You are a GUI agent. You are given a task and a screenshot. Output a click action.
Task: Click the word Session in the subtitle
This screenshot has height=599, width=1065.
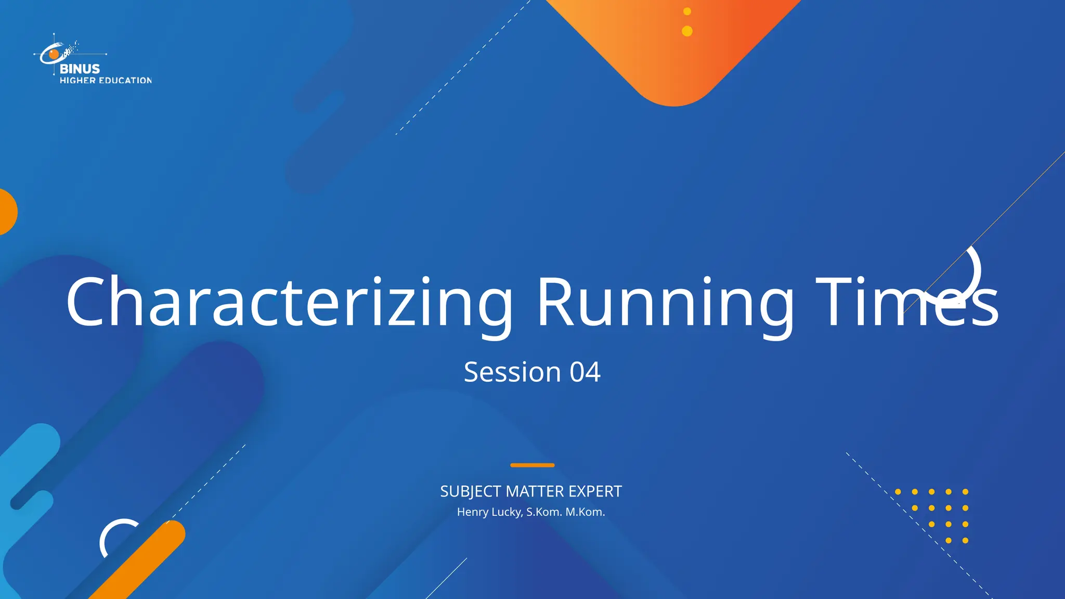click(512, 372)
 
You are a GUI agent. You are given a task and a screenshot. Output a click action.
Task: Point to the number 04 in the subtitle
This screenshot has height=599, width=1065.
click(585, 372)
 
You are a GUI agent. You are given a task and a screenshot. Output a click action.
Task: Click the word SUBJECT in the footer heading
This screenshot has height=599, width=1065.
click(471, 491)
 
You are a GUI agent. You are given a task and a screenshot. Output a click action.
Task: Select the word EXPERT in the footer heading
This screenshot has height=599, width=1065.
click(595, 491)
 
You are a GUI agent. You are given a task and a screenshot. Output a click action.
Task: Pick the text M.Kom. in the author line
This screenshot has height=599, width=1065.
click(585, 512)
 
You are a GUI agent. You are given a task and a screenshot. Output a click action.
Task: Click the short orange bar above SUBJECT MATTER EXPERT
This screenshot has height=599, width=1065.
click(532, 465)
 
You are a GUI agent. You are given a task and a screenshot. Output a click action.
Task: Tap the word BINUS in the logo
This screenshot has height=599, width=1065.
click(80, 69)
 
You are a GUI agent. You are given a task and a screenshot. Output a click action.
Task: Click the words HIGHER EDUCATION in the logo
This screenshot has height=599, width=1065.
click(106, 81)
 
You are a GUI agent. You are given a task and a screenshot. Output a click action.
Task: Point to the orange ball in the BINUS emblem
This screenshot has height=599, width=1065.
click(54, 54)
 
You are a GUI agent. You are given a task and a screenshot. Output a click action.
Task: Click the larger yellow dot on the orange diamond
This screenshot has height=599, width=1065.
click(687, 31)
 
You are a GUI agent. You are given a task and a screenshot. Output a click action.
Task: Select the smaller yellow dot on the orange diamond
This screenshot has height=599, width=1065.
click(687, 11)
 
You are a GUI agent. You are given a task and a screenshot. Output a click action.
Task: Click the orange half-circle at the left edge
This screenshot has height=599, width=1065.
click(7, 212)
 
